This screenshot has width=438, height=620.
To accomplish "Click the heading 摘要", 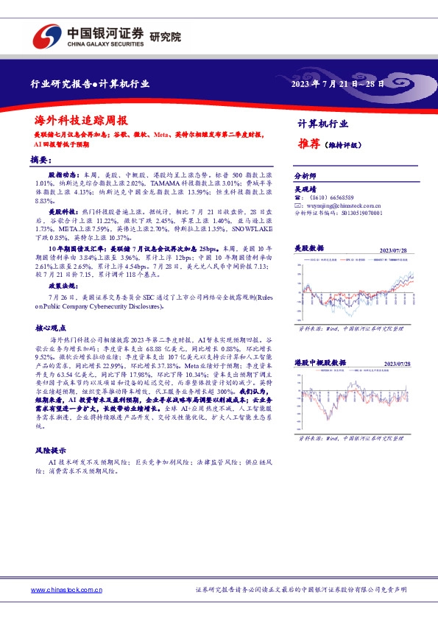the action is coord(41,159).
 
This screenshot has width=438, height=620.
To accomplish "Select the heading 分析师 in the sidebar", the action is coord(305,177).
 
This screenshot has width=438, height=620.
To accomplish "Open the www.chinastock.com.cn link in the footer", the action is coord(66,591).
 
